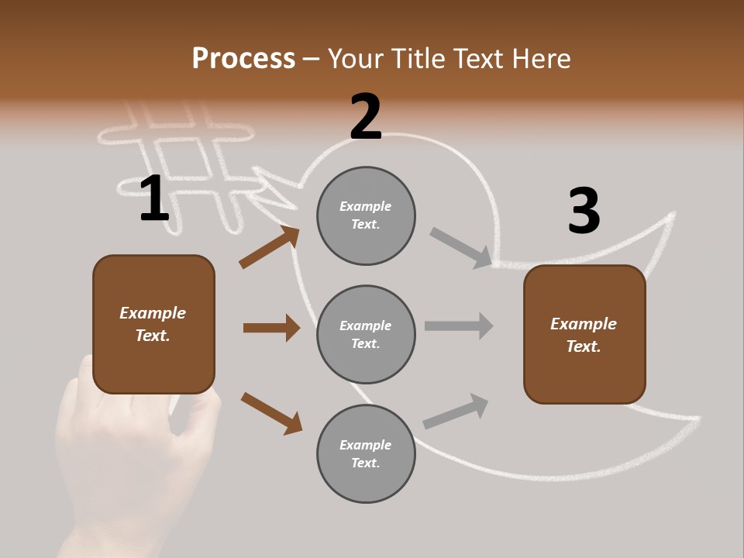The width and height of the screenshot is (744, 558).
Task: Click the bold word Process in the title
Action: click(243, 59)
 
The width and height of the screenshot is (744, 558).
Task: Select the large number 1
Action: click(154, 199)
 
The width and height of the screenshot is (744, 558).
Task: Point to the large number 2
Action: click(366, 117)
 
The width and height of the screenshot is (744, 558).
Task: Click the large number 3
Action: click(584, 212)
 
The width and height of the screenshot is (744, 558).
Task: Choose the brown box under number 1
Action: click(153, 324)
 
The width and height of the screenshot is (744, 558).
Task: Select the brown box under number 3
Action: click(584, 335)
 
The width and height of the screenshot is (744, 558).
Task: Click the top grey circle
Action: click(366, 215)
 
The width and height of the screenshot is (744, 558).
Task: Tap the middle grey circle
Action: click(366, 335)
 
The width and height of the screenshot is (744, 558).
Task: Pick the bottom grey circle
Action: click(366, 454)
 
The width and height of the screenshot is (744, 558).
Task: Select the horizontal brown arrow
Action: click(271, 328)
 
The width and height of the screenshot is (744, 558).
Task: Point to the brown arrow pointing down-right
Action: click(271, 412)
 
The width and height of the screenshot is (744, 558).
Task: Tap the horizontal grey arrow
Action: click(459, 326)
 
